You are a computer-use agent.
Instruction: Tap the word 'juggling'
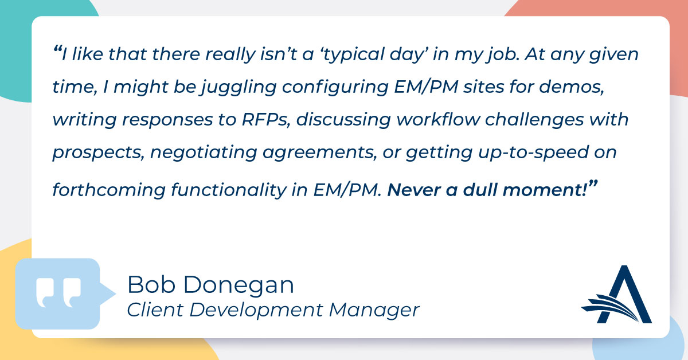[x=239, y=88]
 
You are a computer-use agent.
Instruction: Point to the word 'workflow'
[x=438, y=119]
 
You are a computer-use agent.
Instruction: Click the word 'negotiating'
[x=204, y=153]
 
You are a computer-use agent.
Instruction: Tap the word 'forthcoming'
[x=109, y=190]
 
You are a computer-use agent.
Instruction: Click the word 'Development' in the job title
[x=256, y=310]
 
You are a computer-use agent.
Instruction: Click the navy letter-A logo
[x=617, y=294]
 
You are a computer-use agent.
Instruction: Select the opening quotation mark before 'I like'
[x=57, y=49]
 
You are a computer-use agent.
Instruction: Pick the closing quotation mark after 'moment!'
[x=593, y=185]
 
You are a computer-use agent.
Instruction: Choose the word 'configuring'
[x=335, y=88]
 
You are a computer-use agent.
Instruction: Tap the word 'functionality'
[x=229, y=190]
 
